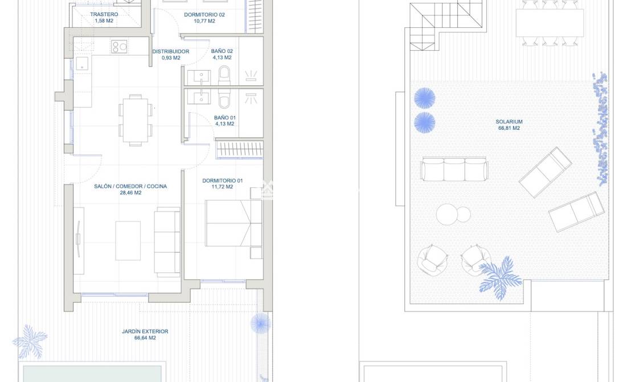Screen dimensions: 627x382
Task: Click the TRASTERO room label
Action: (104, 14)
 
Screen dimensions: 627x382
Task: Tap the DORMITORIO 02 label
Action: (204, 15)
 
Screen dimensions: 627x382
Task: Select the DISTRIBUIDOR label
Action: (171, 52)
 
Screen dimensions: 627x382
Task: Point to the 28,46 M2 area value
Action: (131, 192)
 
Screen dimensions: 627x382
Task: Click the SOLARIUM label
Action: (509, 122)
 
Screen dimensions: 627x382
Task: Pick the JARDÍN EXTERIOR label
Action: (145, 331)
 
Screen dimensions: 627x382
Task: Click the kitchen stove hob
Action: (119, 47)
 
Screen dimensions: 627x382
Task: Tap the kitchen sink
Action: (82, 63)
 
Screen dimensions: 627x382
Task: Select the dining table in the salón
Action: (136, 121)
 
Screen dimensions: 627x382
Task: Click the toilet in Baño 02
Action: (224, 75)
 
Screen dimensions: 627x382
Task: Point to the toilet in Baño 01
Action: (224, 98)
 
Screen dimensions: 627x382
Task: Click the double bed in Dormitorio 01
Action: (233, 223)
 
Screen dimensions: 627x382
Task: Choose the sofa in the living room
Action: (167, 242)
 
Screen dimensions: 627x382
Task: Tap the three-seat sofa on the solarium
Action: (454, 170)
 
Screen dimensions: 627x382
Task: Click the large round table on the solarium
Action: (447, 215)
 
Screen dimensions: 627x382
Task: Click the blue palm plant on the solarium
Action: (501, 278)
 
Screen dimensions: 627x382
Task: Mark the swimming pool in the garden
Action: (92, 373)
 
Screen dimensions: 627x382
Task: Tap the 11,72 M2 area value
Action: (222, 187)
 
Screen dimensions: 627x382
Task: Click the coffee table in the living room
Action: (128, 241)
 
